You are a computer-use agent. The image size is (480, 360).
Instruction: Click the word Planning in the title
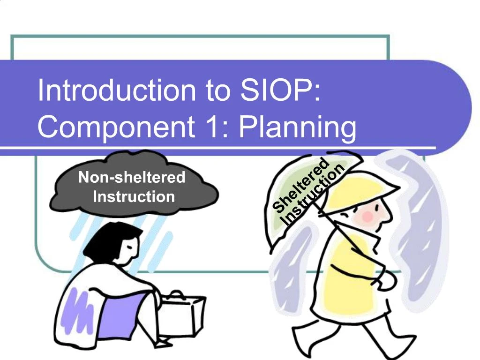297,127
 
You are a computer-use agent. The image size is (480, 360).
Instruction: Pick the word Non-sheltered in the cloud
132,178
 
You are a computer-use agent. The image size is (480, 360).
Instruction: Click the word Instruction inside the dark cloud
134,196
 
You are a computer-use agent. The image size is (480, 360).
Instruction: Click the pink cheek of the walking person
367,216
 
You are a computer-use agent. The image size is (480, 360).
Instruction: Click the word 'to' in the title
217,90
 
